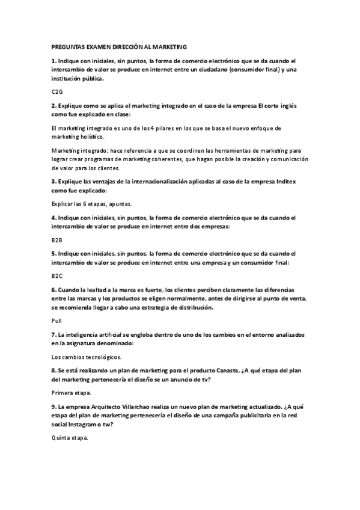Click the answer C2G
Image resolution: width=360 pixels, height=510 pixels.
pyautogui.click(x=57, y=91)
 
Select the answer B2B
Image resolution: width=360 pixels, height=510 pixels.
pyautogui.click(x=57, y=239)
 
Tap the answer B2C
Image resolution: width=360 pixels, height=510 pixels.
pyautogui.click(x=57, y=276)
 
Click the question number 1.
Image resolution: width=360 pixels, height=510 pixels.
pyautogui.click(x=53, y=61)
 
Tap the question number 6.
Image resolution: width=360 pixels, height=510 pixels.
pyautogui.click(x=53, y=289)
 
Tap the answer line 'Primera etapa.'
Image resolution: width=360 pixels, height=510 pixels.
pyautogui.click(x=72, y=393)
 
